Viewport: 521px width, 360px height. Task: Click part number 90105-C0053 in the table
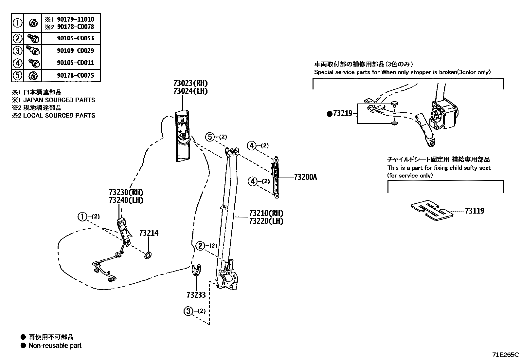coord(75,38)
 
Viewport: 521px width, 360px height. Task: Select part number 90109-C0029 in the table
coord(75,51)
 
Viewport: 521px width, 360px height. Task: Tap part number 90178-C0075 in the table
coord(75,75)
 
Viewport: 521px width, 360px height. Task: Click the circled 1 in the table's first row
coord(17,23)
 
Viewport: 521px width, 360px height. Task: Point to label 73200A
coord(305,178)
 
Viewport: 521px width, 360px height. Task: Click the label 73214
coord(149,233)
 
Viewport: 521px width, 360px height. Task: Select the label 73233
coord(196,295)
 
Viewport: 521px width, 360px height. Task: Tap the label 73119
coord(474,211)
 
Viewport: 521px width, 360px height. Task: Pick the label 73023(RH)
coord(190,83)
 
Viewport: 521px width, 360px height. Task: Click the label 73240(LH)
coord(126,200)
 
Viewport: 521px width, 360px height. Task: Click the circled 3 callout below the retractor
coord(188,311)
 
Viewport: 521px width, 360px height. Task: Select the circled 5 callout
coord(210,137)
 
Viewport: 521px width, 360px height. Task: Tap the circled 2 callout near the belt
coord(200,246)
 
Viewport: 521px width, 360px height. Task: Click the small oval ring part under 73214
coord(148,255)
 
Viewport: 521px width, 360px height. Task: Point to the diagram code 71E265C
coord(506,355)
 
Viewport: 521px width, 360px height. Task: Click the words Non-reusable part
coord(55,346)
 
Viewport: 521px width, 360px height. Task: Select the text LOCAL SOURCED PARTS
coord(59,116)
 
